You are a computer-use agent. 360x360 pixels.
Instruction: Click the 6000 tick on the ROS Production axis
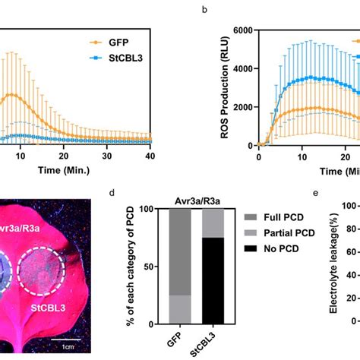(242, 30)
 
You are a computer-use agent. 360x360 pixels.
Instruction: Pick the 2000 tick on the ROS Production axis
(242, 106)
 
